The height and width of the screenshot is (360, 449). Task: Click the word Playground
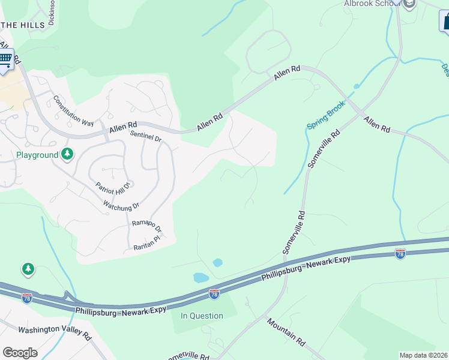pos(37,155)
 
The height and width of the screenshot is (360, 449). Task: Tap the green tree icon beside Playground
pos(67,155)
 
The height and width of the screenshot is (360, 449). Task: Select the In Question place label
pos(202,316)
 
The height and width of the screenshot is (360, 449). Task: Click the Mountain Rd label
pos(286,331)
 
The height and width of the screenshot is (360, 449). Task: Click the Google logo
pos(20,353)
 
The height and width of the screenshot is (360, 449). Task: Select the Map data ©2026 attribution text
pos(423,355)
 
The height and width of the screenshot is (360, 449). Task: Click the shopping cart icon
pos(5,59)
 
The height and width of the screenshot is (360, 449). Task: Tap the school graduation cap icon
pos(409,4)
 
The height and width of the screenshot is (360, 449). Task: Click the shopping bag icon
pos(445,22)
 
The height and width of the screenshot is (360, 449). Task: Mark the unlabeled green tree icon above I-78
pos(28,269)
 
